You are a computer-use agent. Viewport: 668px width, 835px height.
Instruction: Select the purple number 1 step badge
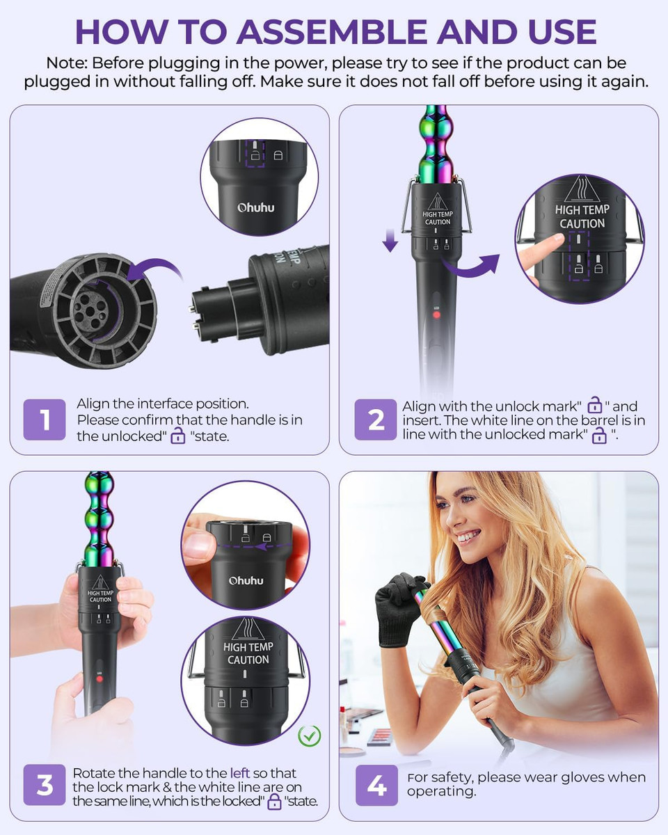coord(45,420)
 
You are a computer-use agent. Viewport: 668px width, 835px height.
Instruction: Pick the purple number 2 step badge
coord(376,420)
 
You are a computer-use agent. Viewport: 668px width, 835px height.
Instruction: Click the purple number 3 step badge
coord(45,786)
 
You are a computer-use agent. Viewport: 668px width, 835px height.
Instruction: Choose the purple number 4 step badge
coord(376,786)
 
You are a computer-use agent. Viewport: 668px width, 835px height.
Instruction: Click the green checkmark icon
coord(309,735)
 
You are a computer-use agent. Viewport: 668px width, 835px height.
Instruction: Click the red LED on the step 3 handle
coord(100,678)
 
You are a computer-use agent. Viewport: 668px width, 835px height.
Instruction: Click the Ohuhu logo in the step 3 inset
coord(246,580)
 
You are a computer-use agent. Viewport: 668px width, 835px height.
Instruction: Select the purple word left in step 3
coord(239,773)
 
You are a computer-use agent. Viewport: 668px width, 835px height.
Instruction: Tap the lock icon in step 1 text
coord(178,436)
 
